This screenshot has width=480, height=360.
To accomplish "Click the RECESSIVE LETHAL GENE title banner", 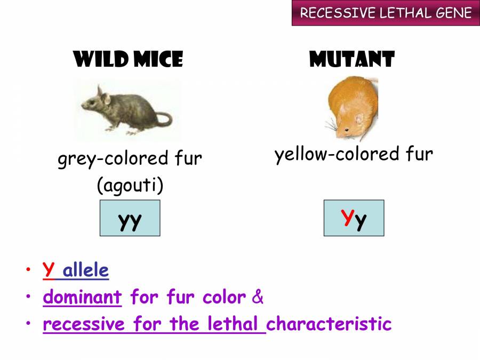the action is (x=386, y=13).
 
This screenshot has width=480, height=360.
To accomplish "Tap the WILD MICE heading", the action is (x=128, y=59).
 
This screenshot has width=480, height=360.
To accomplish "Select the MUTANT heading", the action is (x=352, y=59).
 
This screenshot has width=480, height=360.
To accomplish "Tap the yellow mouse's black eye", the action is (x=347, y=130).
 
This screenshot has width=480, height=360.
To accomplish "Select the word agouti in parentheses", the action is (x=130, y=185).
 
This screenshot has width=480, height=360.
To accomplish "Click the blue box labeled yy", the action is (x=130, y=218).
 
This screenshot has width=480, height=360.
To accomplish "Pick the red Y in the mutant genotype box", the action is (x=348, y=217).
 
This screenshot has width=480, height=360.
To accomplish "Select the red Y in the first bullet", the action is (x=49, y=269).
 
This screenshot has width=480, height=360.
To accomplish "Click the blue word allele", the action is (x=86, y=270).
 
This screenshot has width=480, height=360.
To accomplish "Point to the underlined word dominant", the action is (x=82, y=297).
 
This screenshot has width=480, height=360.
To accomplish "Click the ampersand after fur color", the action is (x=258, y=297).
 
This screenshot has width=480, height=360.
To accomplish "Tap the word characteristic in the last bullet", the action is (x=329, y=324).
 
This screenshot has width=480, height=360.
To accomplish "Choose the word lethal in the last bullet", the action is (x=233, y=323).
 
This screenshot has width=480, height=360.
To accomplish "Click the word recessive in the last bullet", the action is (x=84, y=324).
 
